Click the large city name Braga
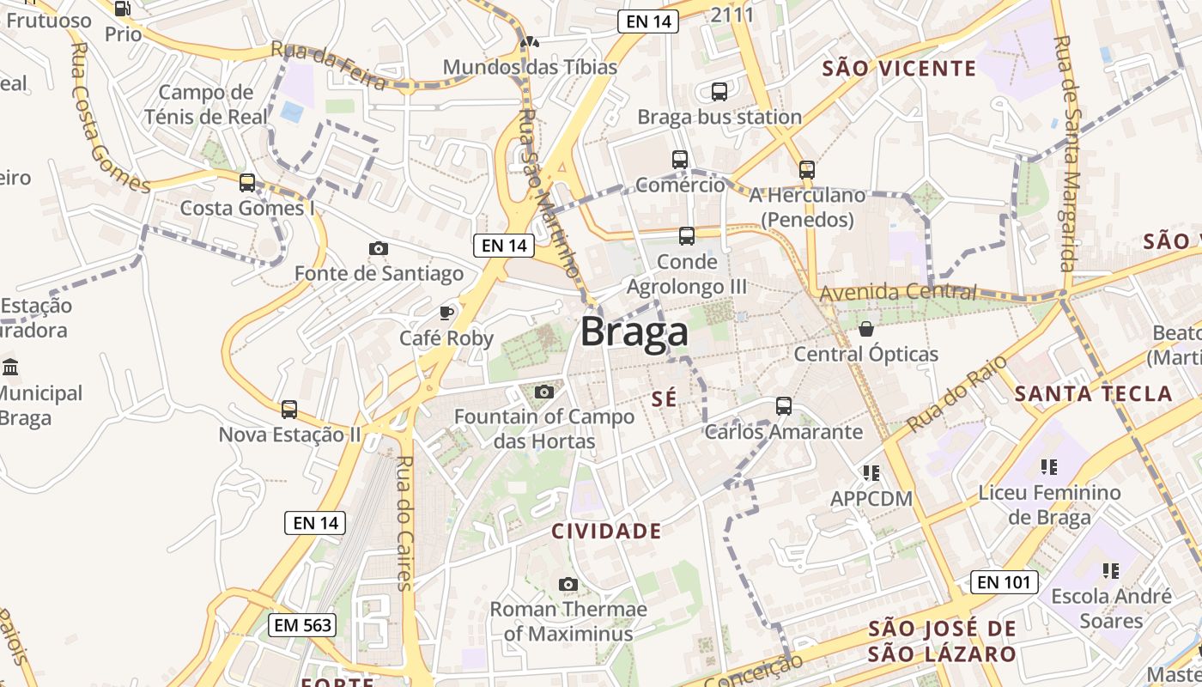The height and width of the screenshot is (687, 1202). pyautogui.click(x=634, y=331)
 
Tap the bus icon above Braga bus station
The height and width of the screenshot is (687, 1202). pyautogui.click(x=719, y=91)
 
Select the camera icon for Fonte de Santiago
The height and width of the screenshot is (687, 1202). pyautogui.click(x=378, y=248)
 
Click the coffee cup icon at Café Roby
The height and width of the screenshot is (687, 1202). pyautogui.click(x=446, y=312)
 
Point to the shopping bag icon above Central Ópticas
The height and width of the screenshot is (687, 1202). pyautogui.click(x=866, y=328)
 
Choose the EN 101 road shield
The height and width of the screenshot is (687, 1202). pyautogui.click(x=1004, y=582)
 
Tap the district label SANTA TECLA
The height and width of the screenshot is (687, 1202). pyautogui.click(x=1093, y=394)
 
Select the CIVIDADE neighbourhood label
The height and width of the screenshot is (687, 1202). pyautogui.click(x=606, y=531)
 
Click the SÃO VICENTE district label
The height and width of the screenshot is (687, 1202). pyautogui.click(x=899, y=69)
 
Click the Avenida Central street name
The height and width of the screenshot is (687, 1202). pyautogui.click(x=897, y=293)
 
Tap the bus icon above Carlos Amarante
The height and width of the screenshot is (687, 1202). pyautogui.click(x=783, y=406)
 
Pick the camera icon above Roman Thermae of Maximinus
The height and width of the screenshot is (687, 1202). pyautogui.click(x=568, y=584)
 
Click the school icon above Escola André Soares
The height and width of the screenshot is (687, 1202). pyautogui.click(x=1110, y=570)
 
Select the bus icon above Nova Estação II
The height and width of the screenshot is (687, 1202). pyautogui.click(x=289, y=409)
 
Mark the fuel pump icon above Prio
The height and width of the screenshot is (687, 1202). pyautogui.click(x=122, y=9)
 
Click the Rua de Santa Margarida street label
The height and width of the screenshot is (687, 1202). pyautogui.click(x=1065, y=155)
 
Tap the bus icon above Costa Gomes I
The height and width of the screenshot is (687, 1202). pyautogui.click(x=247, y=182)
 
